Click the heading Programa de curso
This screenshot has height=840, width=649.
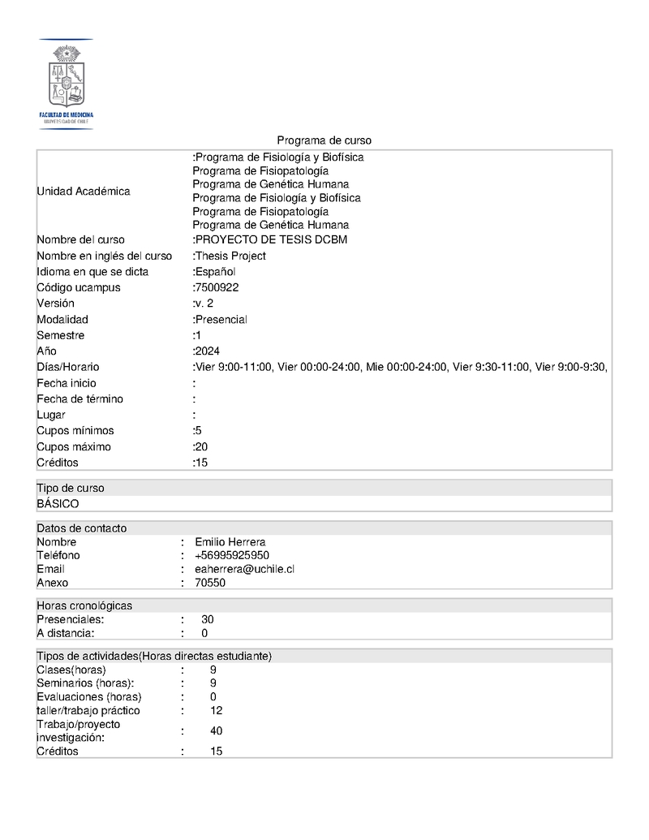(324, 140)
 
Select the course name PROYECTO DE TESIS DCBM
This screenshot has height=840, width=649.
(272, 239)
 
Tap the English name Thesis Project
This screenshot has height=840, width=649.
(230, 256)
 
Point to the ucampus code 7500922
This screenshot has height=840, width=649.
(217, 287)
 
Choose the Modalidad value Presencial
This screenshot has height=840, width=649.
(221, 320)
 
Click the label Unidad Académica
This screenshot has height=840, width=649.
(84, 192)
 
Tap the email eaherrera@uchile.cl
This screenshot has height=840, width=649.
(244, 569)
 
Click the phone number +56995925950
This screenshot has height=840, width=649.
(232, 555)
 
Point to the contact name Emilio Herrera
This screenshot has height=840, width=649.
(230, 542)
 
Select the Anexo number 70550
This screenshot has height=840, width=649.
(210, 583)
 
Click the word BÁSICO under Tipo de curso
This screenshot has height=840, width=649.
(58, 504)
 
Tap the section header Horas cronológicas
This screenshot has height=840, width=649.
(84, 605)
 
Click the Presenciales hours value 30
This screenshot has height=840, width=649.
(208, 619)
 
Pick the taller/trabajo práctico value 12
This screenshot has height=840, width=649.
(216, 710)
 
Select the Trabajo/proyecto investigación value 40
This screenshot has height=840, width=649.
(216, 730)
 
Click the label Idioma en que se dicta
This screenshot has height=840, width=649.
(92, 272)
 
